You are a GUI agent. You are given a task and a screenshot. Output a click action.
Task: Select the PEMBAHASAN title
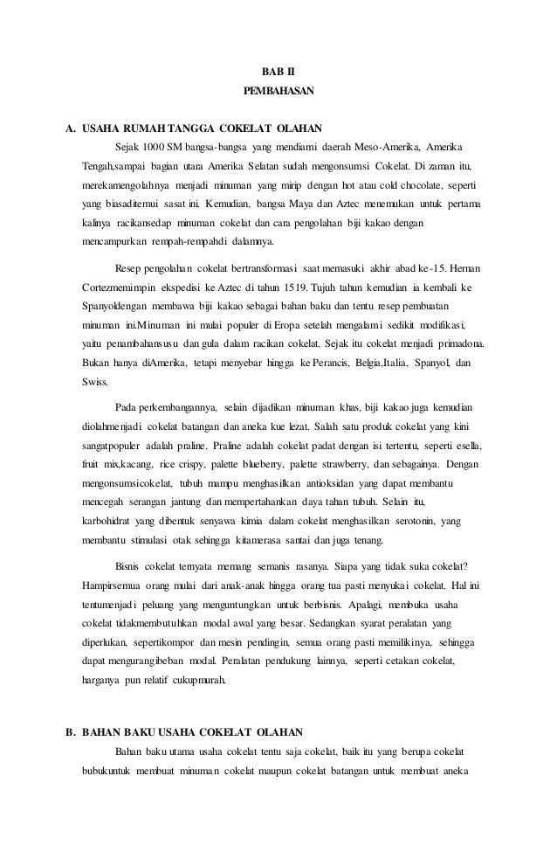point(278,90)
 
